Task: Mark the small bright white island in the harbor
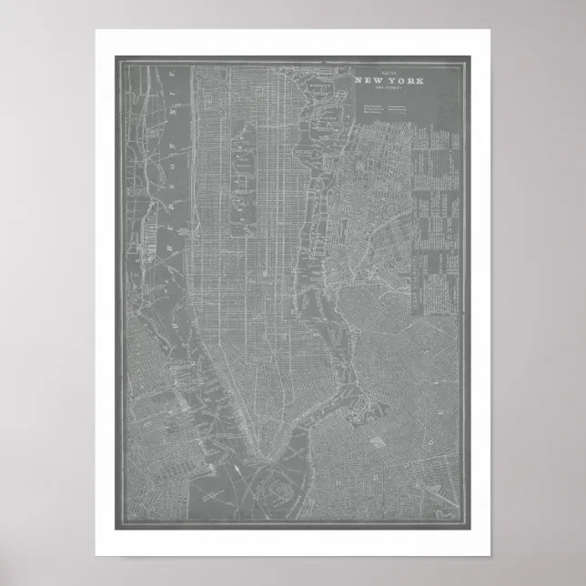tap(233, 467)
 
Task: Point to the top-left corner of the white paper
tap(96, 30)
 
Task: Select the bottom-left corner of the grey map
tap(116, 529)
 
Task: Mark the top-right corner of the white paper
tap(490, 30)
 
